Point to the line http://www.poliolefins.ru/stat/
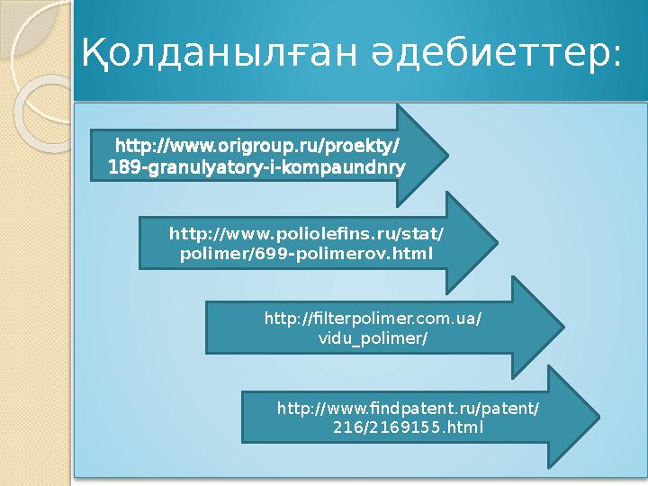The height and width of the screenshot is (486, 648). [307, 234]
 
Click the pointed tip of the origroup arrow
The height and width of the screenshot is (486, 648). [447, 156]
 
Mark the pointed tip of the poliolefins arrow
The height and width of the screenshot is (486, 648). [497, 244]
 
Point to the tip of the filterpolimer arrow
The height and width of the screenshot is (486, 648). [563, 328]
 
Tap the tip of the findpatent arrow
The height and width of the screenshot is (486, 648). [598, 418]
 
